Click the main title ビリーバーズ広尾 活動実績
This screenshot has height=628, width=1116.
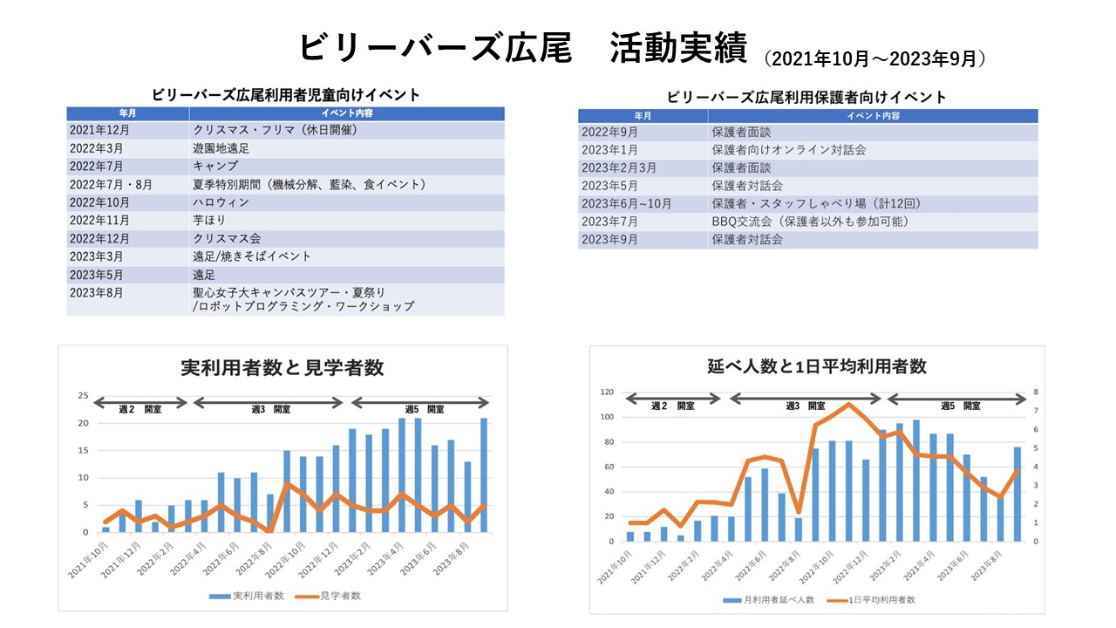pyautogui.click(x=522, y=48)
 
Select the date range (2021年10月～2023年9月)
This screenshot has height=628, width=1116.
pyautogui.click(x=874, y=59)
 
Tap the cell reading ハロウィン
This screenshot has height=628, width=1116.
pyautogui.click(x=221, y=202)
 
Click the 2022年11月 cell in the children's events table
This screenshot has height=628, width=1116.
pyautogui.click(x=99, y=221)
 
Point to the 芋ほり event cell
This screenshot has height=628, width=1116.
pyautogui.click(x=209, y=221)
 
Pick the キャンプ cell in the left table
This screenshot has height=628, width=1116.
pyautogui.click(x=215, y=166)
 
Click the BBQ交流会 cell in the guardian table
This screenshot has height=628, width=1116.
pyautogui.click(x=810, y=222)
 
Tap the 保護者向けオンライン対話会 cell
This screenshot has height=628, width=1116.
pyautogui.click(x=788, y=150)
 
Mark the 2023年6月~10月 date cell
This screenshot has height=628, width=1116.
pyautogui.click(x=627, y=203)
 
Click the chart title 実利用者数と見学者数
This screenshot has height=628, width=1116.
pyautogui.click(x=282, y=368)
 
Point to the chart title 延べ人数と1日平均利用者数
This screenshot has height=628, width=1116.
pyautogui.click(x=817, y=366)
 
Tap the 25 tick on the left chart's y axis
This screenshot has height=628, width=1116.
pyautogui.click(x=84, y=396)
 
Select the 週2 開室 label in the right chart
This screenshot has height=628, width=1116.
pyautogui.click(x=673, y=406)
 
